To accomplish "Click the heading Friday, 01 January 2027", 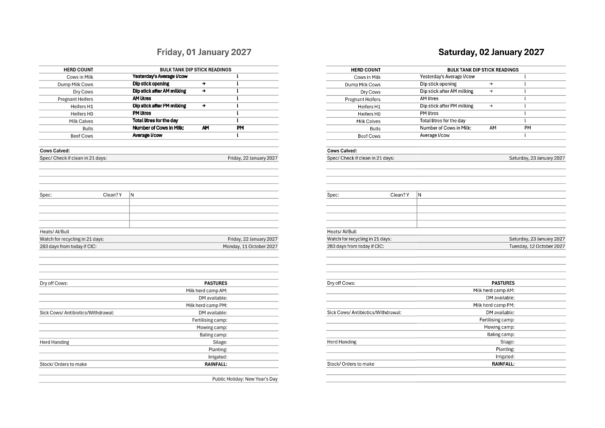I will pos(204,52).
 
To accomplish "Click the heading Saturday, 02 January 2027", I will pos(491,52).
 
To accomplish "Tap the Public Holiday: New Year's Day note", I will pos(245,379).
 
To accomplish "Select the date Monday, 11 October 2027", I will pos(250,246).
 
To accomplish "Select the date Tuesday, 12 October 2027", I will pos(537,246).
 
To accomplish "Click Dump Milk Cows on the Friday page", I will pos(75,85).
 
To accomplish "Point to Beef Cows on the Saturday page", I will pos(369,136).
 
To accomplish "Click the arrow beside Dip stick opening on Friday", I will pos(204,84).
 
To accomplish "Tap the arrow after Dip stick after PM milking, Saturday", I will pos(491,106).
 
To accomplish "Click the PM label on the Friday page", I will pos(240,128).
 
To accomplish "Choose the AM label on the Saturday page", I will pos(493,128).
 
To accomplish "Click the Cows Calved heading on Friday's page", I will pos(55,151).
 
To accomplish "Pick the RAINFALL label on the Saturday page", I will pos(503,364).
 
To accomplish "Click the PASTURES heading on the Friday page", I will pos(216,283).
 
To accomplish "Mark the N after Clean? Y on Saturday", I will pos(420,195).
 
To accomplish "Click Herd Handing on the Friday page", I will pos(54,342).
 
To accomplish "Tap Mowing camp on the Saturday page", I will pos(499,327).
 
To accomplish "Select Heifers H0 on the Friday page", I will pos(82,114).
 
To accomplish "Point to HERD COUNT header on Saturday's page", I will pos(366,70).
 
